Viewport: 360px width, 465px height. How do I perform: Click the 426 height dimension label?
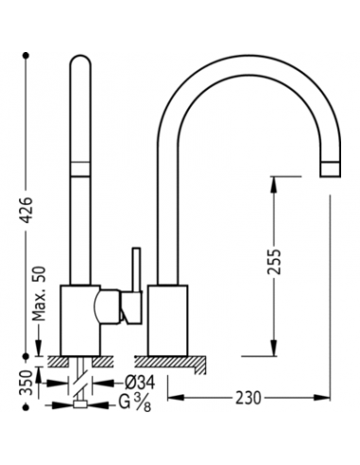pyautogui.click(x=26, y=210)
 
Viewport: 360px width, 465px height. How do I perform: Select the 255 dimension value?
pyautogui.click(x=274, y=262)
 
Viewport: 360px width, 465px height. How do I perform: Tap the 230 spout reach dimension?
pyautogui.click(x=249, y=398)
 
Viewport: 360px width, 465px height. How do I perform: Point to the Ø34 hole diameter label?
pyautogui.click(x=140, y=383)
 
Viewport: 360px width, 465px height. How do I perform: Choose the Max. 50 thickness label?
pyautogui.click(x=39, y=294)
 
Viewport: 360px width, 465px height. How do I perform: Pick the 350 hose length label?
pyautogui.click(x=26, y=383)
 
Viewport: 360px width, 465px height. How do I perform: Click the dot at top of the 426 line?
pyautogui.click(x=26, y=56)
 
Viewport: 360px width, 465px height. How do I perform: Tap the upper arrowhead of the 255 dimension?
pyautogui.click(x=274, y=185)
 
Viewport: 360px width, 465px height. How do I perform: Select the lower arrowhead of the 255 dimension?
pyautogui.click(x=274, y=348)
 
